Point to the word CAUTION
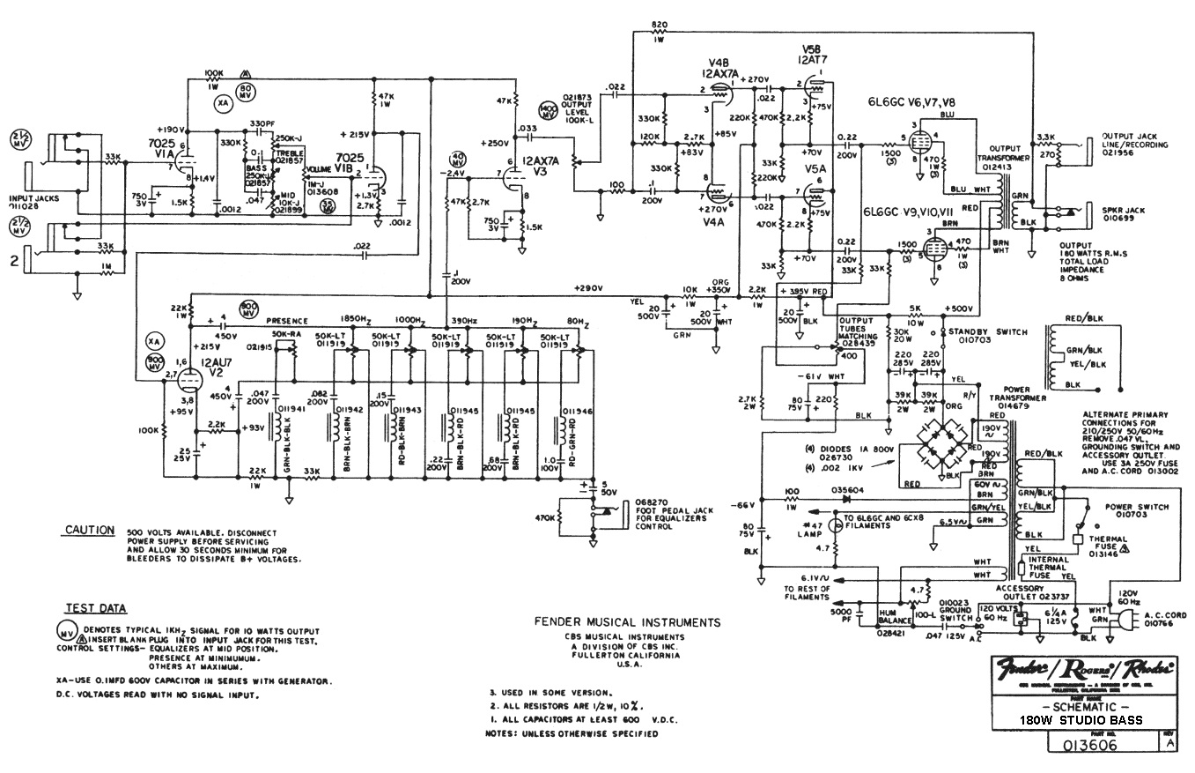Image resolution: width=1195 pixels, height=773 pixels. pos(90,531)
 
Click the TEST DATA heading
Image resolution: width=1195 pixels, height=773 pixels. pos(95,608)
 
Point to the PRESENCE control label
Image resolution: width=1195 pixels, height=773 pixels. pos(287,321)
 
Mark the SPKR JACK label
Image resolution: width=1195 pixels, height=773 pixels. pos(1124,211)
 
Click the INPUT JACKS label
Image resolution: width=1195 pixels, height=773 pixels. pos(33,203)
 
